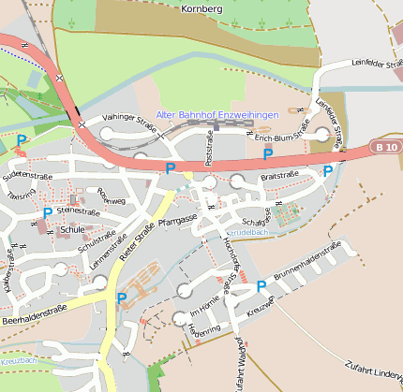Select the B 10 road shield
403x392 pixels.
pyautogui.click(x=384, y=147)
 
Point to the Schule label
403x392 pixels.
pyautogui.click(x=71, y=228)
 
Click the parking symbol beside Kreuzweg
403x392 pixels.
pyautogui.click(x=261, y=286)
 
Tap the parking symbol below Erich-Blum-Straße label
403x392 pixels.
pyautogui.click(x=267, y=153)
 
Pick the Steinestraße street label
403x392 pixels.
pyautogui.click(x=78, y=211)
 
